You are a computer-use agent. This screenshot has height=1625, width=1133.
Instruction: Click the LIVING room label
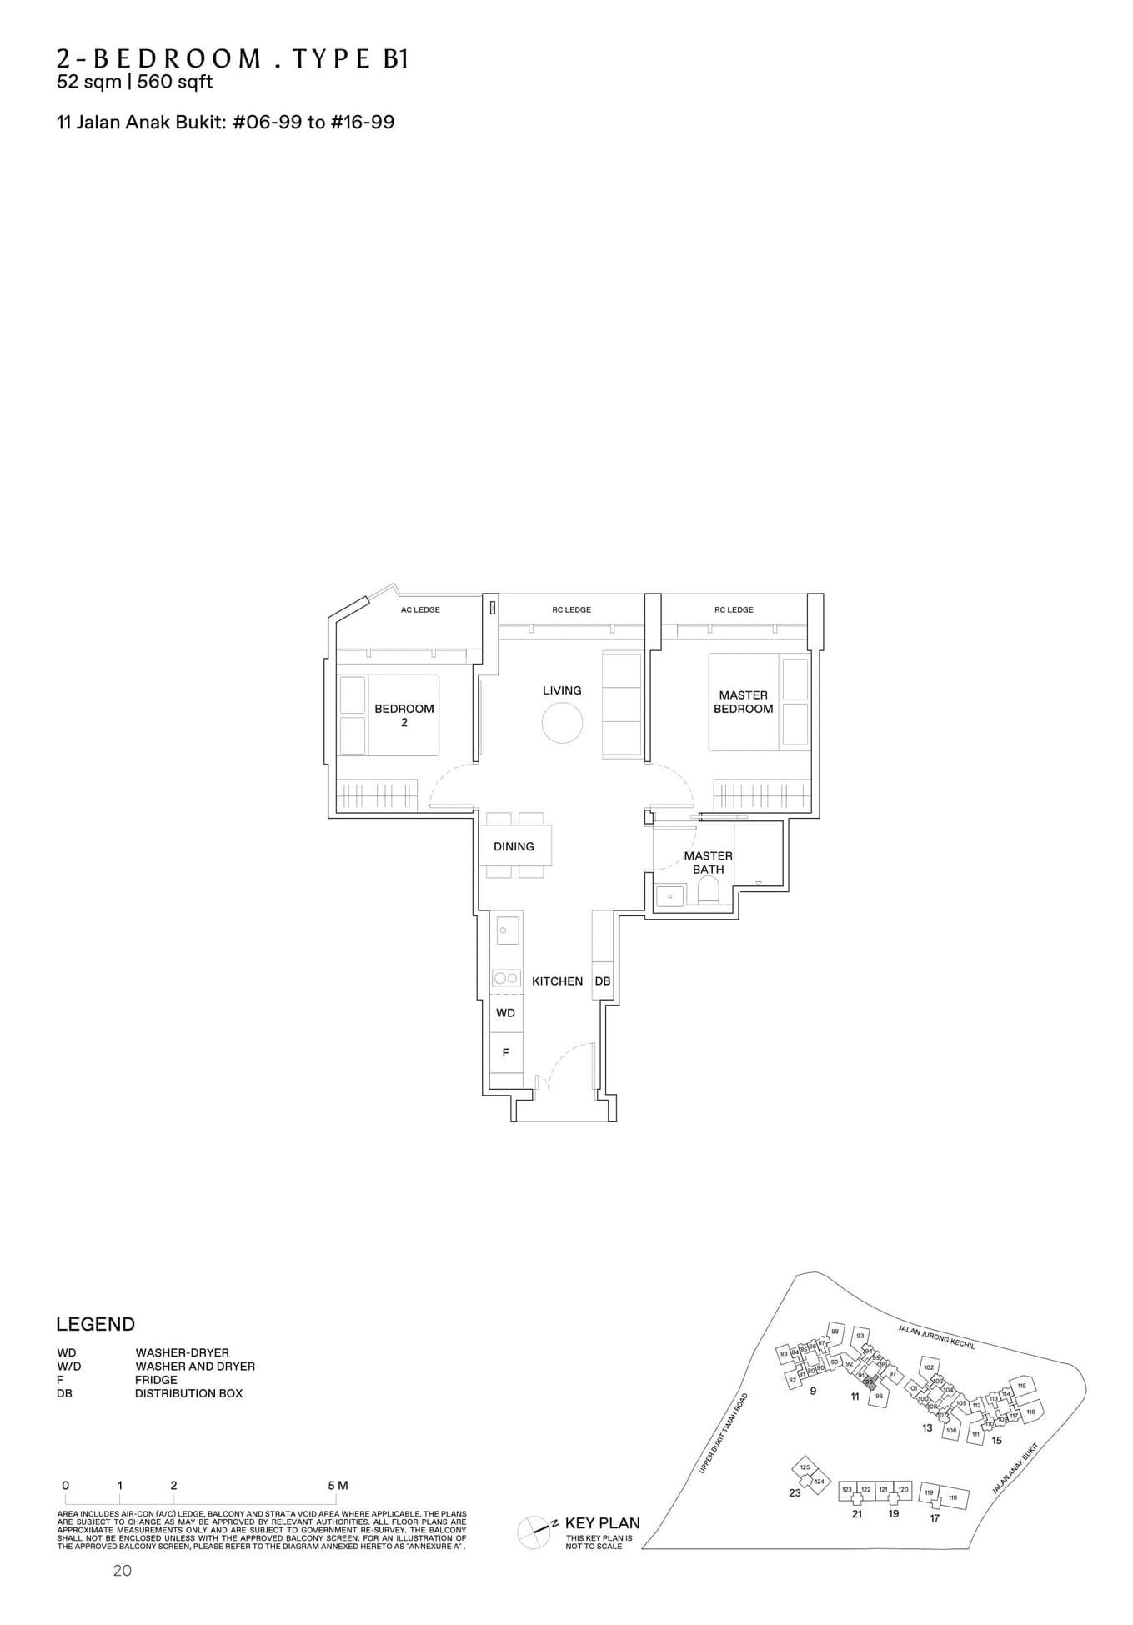(x=562, y=690)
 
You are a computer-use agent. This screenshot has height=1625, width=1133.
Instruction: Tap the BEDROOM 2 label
(x=404, y=715)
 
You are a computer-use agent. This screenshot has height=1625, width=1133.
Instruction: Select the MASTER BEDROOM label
(x=743, y=701)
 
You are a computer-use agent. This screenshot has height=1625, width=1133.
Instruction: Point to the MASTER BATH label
(x=708, y=862)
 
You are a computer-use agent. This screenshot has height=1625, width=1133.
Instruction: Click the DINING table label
(x=514, y=846)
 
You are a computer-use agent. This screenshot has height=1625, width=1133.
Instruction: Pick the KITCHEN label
(x=557, y=981)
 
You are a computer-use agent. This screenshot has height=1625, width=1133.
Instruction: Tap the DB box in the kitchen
(x=602, y=981)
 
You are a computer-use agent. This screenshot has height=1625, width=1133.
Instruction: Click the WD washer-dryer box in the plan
(x=505, y=1013)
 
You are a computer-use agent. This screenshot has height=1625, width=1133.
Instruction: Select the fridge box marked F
(x=505, y=1053)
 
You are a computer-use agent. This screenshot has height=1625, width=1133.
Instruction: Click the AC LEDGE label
(x=420, y=609)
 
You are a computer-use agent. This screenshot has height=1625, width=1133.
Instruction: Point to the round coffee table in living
(x=562, y=722)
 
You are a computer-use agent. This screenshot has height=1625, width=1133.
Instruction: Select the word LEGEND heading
(x=95, y=1325)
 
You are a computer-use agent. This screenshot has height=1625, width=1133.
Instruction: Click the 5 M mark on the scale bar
(x=337, y=1485)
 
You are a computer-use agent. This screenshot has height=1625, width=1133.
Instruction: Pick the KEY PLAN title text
(x=602, y=1523)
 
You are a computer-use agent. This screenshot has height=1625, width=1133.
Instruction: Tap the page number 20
(x=123, y=1571)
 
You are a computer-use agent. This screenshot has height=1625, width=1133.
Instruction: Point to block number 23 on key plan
(x=795, y=1492)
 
